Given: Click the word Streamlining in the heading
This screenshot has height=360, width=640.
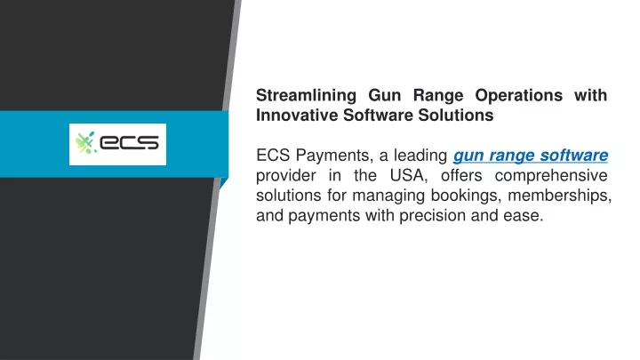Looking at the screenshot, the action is [x=306, y=96].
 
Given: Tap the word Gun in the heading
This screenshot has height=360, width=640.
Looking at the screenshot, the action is [x=385, y=96].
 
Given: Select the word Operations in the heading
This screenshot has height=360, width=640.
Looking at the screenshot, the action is [x=519, y=96].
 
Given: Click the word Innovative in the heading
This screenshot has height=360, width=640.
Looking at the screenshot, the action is [x=297, y=115].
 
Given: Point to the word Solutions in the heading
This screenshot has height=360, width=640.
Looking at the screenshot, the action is [x=456, y=115].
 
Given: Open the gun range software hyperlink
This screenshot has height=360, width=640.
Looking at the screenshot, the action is [x=531, y=156].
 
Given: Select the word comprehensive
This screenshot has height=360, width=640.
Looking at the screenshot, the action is [x=551, y=176].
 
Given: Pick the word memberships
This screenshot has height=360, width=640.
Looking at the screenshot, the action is [x=560, y=195].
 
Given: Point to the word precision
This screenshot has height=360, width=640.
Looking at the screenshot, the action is [x=432, y=216].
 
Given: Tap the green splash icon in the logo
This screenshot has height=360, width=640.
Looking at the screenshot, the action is [x=85, y=143].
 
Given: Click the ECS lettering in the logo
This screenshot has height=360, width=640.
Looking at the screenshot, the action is [x=129, y=142].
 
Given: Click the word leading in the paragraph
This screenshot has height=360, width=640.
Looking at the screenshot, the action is [x=420, y=156].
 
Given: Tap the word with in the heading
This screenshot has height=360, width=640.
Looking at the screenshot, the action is [x=590, y=95].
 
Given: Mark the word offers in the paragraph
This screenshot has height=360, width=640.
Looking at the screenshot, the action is [x=461, y=175].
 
